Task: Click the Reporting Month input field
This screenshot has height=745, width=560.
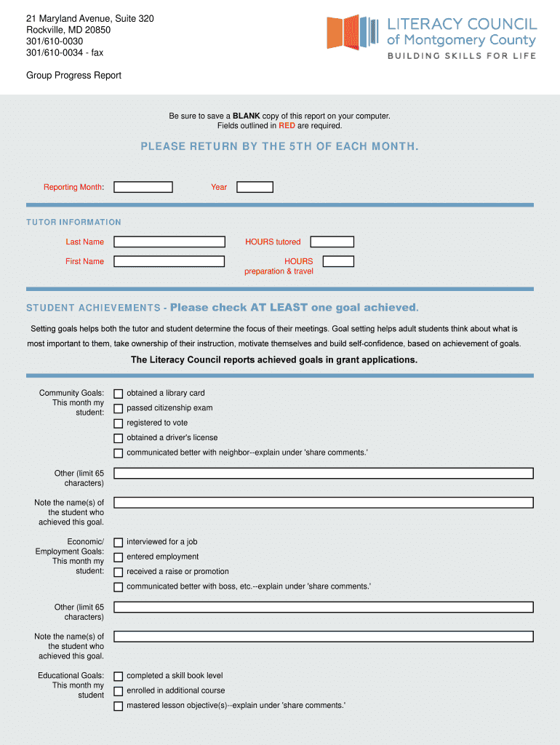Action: pos(143,187)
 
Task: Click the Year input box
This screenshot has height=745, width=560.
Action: pos(255,187)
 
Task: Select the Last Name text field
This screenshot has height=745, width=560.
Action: pos(169,242)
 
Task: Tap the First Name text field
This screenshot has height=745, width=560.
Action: pos(169,261)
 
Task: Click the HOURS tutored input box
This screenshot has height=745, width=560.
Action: pos(332,242)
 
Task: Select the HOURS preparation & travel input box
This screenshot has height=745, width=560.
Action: pos(338,261)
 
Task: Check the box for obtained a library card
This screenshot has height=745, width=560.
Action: pos(118,394)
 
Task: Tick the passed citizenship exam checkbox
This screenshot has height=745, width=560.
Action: pos(118,409)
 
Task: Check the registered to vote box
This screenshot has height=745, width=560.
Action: pos(118,423)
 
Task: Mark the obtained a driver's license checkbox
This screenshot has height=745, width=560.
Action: pos(118,439)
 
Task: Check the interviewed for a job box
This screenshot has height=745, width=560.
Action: pos(118,543)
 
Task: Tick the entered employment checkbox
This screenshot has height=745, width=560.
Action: pos(118,557)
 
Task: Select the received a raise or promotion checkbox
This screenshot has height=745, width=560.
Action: pos(118,573)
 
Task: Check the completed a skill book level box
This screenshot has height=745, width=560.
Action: pos(118,677)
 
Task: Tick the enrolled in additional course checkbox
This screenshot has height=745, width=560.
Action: pos(118,691)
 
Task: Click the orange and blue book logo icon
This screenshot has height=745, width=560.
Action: pos(353,32)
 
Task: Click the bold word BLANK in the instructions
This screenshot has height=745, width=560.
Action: pos(246,116)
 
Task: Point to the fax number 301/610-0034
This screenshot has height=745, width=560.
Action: pos(55,52)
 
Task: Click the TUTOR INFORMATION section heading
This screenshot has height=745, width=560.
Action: pos(73,222)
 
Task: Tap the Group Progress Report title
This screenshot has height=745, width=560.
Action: pos(73,76)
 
